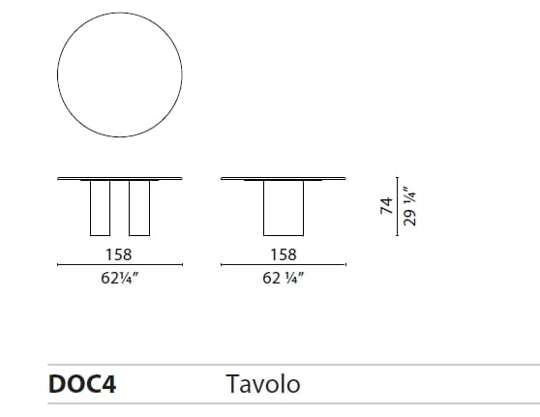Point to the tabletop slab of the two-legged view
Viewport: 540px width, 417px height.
click(121, 178)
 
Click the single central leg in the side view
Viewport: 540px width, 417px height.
click(284, 208)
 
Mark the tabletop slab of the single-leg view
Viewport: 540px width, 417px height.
click(284, 178)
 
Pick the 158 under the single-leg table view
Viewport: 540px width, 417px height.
click(284, 255)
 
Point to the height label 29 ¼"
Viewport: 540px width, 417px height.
click(409, 205)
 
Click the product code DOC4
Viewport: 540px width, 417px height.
click(82, 384)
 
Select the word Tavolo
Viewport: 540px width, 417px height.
click(262, 384)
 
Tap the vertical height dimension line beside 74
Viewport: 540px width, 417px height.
click(398, 205)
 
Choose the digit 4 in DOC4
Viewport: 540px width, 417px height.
click(108, 384)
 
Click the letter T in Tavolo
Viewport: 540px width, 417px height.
click(232, 384)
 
